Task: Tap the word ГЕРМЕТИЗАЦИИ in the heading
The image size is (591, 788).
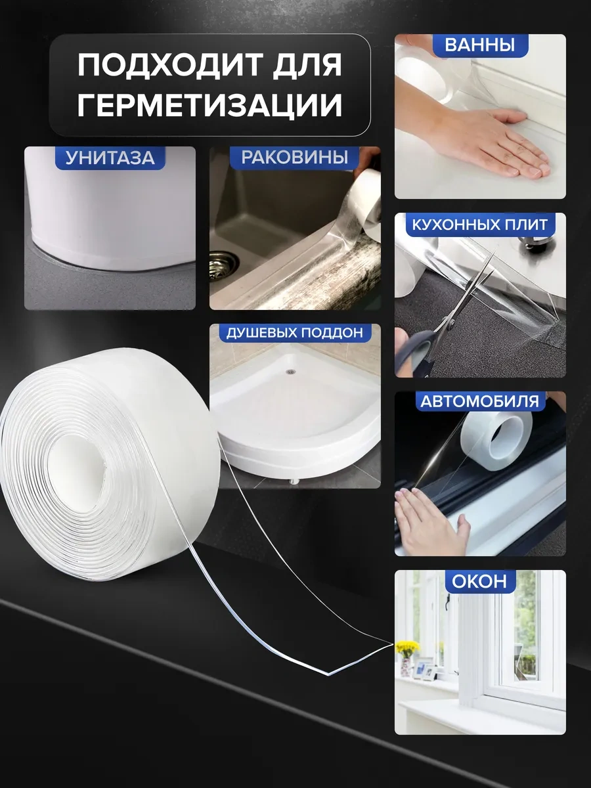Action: click(x=210, y=105)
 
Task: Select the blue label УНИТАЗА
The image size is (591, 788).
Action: click(x=110, y=158)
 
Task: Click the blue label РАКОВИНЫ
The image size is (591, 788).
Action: click(x=294, y=158)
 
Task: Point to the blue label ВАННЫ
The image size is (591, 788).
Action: click(x=479, y=45)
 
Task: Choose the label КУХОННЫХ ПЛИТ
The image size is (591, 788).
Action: click(x=479, y=225)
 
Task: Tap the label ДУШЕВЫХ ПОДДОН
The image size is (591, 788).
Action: click(x=294, y=333)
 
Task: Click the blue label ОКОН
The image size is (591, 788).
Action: click(x=479, y=581)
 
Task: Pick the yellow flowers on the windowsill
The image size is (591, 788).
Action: click(x=408, y=647)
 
